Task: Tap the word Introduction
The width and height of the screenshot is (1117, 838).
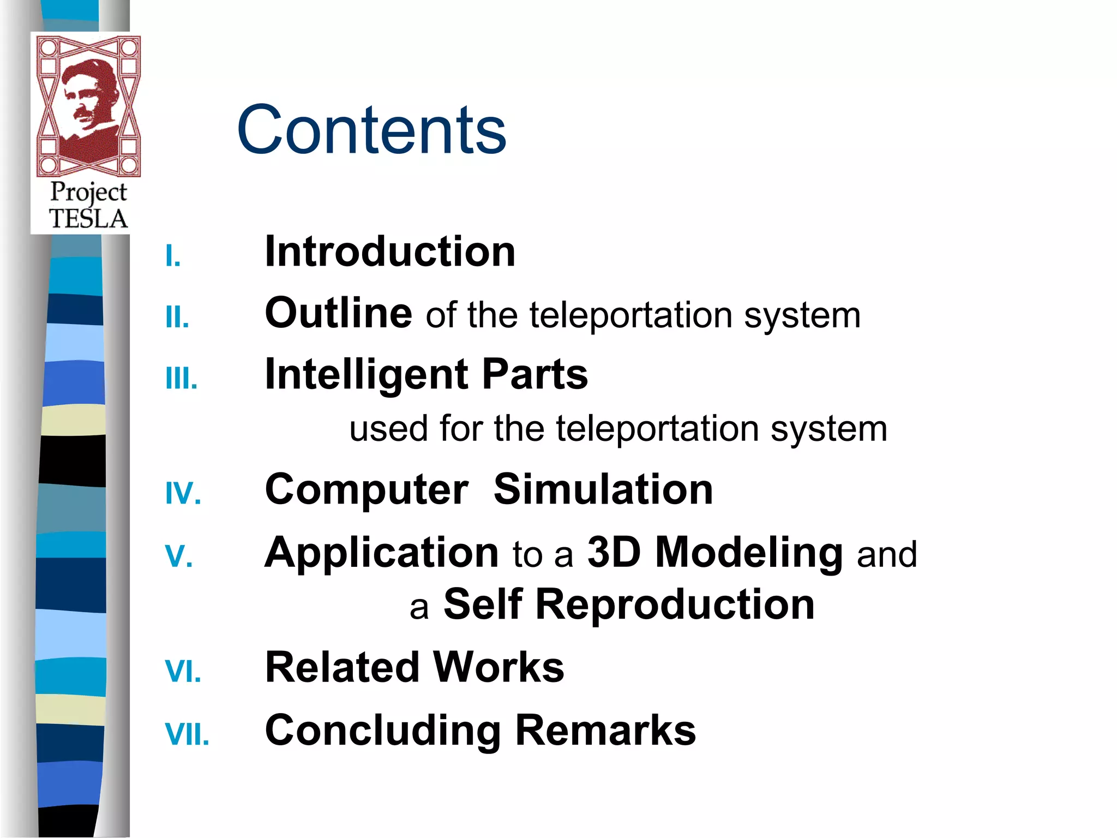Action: (390, 252)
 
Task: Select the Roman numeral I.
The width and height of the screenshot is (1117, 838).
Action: (172, 256)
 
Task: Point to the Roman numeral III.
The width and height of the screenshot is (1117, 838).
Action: (181, 378)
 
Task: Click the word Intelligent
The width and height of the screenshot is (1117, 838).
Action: (366, 375)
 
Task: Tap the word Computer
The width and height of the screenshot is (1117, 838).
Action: (366, 490)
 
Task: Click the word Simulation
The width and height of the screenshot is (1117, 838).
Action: (603, 489)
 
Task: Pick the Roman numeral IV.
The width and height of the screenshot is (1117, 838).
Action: (183, 493)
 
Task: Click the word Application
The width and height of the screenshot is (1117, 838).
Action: (381, 553)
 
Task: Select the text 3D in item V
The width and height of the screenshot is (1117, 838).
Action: (613, 552)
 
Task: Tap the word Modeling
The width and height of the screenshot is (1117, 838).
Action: (749, 553)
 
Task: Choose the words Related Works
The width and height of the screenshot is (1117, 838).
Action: (415, 667)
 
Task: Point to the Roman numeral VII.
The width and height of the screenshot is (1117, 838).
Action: (187, 734)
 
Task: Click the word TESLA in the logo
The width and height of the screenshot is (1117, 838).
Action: (88, 219)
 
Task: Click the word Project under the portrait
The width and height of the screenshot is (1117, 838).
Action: (88, 193)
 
